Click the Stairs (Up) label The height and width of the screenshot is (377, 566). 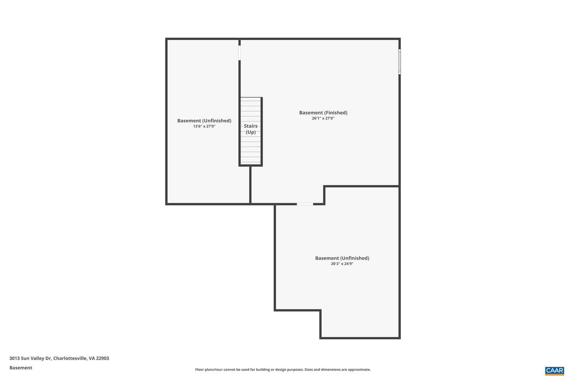coord(251,129)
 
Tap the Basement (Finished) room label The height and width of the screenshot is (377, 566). coord(323,113)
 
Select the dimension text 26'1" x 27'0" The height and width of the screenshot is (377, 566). coord(323,118)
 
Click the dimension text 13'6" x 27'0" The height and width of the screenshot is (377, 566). coord(204,126)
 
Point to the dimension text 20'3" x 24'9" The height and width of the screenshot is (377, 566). coord(342,264)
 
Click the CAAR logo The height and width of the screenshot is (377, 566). coord(555,371)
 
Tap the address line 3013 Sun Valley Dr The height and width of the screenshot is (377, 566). coord(30,358)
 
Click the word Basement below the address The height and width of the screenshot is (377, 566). coord(21,368)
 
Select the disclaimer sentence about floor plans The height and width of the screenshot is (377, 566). coord(283,370)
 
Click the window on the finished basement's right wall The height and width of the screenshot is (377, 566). coord(399,62)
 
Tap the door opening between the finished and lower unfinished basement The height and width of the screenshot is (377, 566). coord(305,204)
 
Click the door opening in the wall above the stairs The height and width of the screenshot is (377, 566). coord(239,53)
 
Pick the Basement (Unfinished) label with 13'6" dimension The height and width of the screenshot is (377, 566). coord(204,121)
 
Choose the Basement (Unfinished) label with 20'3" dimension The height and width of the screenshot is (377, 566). coord(342,258)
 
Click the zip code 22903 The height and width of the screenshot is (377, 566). coord(102,358)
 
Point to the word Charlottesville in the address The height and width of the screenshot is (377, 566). coord(70,358)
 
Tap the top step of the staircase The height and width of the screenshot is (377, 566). coord(250,99)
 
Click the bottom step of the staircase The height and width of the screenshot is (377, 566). coord(250,163)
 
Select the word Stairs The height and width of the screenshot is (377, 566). coord(251,126)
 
